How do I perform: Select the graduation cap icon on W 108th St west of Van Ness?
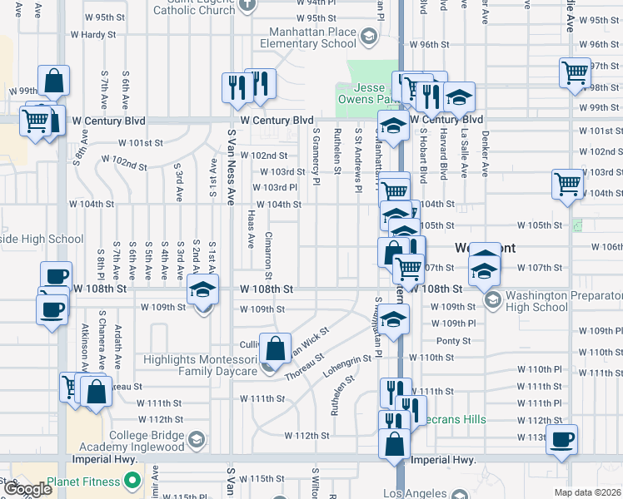[x=201, y=290]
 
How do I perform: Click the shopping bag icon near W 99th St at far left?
[x=53, y=82]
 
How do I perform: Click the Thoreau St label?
[x=303, y=368]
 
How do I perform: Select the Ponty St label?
[x=455, y=341]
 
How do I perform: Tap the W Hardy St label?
[x=98, y=35]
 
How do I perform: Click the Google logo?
[x=28, y=489]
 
